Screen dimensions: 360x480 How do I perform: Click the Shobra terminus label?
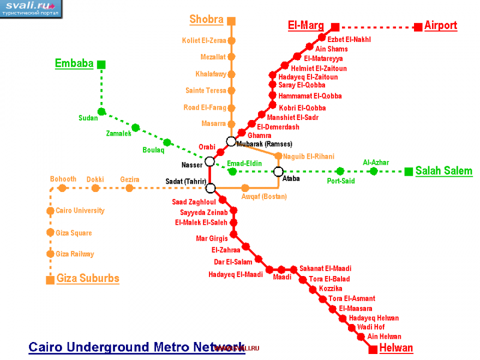[x=206, y=20]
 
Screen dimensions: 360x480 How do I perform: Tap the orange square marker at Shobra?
[x=232, y=21]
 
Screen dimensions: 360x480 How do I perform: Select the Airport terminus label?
[x=441, y=26]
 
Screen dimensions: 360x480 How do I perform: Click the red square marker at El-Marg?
[x=335, y=27]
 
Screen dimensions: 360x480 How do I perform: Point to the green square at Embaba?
[x=101, y=64]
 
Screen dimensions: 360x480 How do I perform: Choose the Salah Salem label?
[x=443, y=171]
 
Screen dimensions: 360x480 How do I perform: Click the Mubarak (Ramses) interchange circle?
[x=231, y=141]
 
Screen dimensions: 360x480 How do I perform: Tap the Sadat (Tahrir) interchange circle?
[x=211, y=188]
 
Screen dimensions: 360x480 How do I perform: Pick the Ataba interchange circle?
[x=278, y=172]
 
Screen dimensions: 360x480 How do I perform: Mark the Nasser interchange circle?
[x=209, y=161]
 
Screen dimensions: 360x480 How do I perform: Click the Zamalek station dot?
[x=135, y=128]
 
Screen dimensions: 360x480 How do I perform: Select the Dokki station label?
[x=95, y=179]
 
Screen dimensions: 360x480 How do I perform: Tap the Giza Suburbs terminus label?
[x=88, y=279]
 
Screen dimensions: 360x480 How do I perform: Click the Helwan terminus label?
[x=396, y=348]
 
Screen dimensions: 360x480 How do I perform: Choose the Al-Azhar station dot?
[x=374, y=171]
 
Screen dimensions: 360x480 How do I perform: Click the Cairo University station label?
[x=80, y=211]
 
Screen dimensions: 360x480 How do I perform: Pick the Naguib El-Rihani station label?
[x=308, y=157]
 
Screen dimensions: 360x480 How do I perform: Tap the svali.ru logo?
[x=31, y=8]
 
